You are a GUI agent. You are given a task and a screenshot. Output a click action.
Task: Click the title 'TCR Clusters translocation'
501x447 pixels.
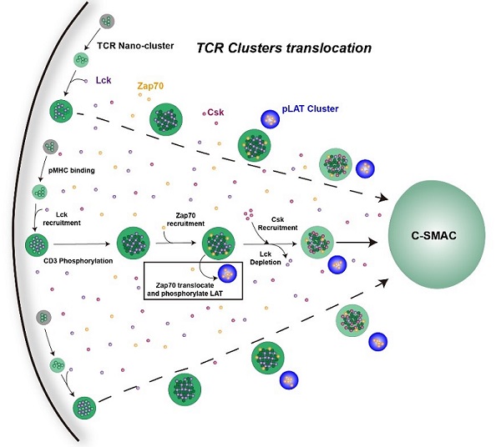tap(283, 48)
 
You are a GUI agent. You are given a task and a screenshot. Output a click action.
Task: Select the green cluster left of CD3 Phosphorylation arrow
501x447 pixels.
tap(38, 244)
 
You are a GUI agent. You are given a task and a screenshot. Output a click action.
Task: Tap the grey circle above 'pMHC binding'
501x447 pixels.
tap(52, 147)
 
